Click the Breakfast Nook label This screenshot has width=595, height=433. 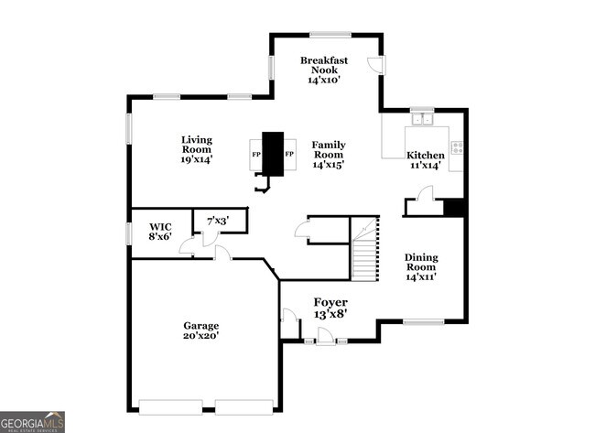(323, 70)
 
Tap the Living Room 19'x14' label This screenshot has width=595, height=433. (196, 149)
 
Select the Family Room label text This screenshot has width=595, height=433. (329, 155)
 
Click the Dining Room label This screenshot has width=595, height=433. (421, 266)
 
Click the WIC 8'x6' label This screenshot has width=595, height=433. (159, 230)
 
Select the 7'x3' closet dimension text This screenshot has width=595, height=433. (217, 221)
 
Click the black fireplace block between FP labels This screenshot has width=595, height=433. (273, 153)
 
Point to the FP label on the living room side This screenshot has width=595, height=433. (256, 154)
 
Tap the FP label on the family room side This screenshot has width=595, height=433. (289, 154)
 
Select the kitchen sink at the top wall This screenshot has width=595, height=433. (422, 117)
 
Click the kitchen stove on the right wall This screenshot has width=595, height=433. (456, 147)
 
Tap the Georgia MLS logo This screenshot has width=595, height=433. (32, 421)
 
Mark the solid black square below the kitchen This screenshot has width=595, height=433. (454, 207)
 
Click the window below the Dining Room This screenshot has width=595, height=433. (424, 321)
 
